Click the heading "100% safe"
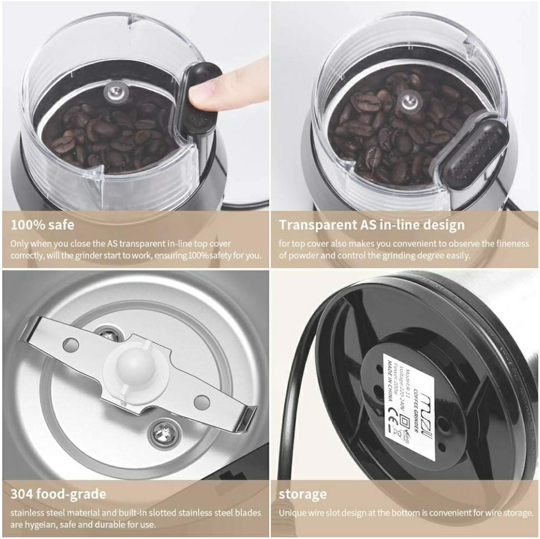point(42,225)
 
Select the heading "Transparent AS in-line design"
point(371,225)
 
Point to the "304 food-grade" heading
point(58,493)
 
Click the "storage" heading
point(303,494)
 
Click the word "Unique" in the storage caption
point(291,513)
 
